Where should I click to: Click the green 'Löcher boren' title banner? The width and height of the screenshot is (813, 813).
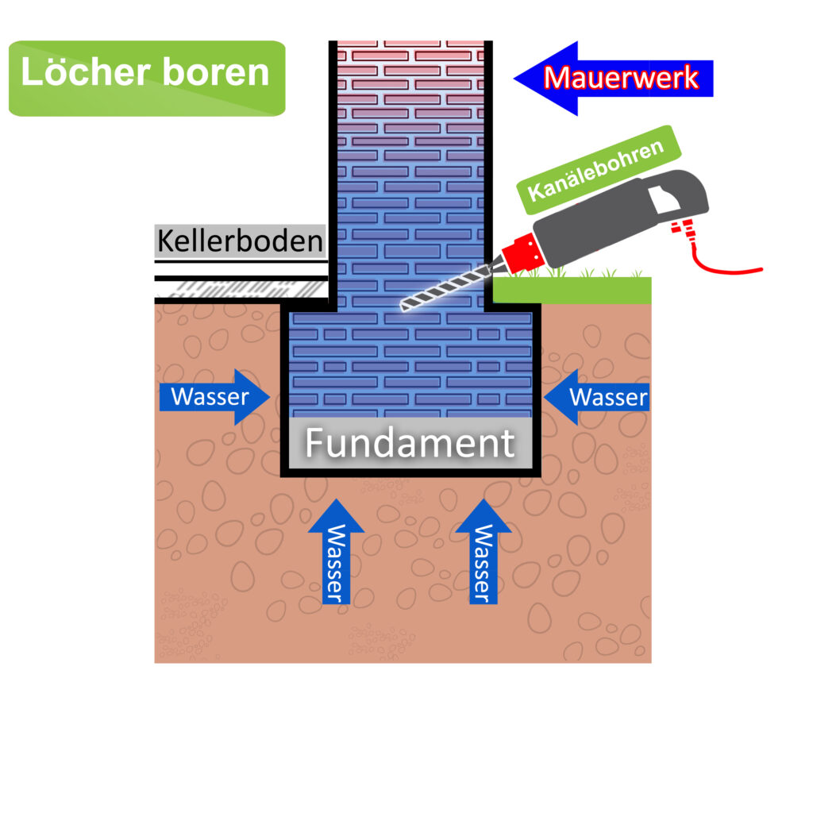tap(146, 78)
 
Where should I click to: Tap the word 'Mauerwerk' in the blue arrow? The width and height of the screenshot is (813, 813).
tap(622, 78)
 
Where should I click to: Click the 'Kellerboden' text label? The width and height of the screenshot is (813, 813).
tap(240, 240)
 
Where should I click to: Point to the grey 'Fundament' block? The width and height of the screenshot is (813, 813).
tap(410, 443)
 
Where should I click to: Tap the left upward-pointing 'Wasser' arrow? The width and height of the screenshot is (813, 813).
tap(335, 551)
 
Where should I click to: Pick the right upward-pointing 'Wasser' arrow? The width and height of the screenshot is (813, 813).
tap(482, 551)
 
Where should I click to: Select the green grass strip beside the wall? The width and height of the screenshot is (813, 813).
tap(572, 291)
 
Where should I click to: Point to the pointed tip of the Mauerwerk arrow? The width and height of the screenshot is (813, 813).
tap(518, 78)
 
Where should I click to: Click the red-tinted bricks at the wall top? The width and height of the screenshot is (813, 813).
tap(410, 64)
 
